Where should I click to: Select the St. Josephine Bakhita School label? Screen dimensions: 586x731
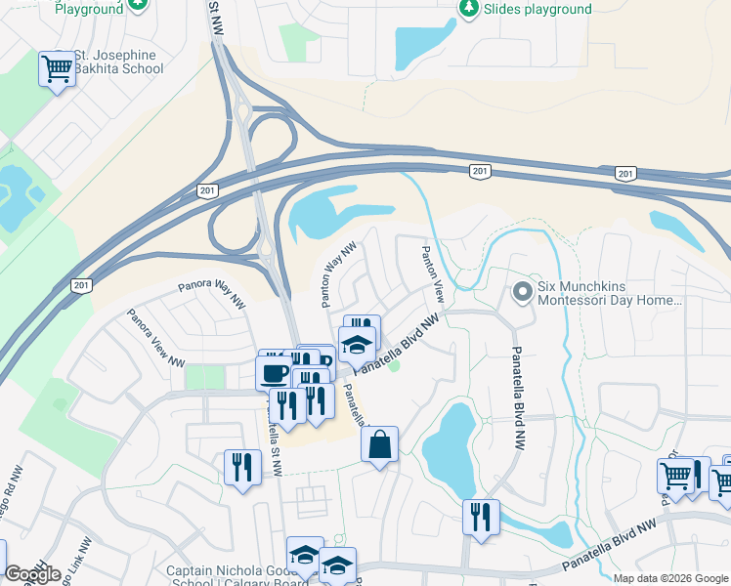[x=109, y=62]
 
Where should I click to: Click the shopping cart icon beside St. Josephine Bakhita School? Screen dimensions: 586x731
[x=58, y=69]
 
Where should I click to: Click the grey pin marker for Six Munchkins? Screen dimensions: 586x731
[x=523, y=291]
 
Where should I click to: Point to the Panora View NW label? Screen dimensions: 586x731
[x=156, y=338]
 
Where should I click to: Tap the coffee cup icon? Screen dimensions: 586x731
[x=273, y=372]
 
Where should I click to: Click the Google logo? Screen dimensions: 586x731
[x=32, y=574]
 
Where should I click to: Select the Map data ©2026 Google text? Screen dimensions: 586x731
[x=670, y=578]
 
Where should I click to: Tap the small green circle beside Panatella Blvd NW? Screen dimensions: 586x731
[x=395, y=367]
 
